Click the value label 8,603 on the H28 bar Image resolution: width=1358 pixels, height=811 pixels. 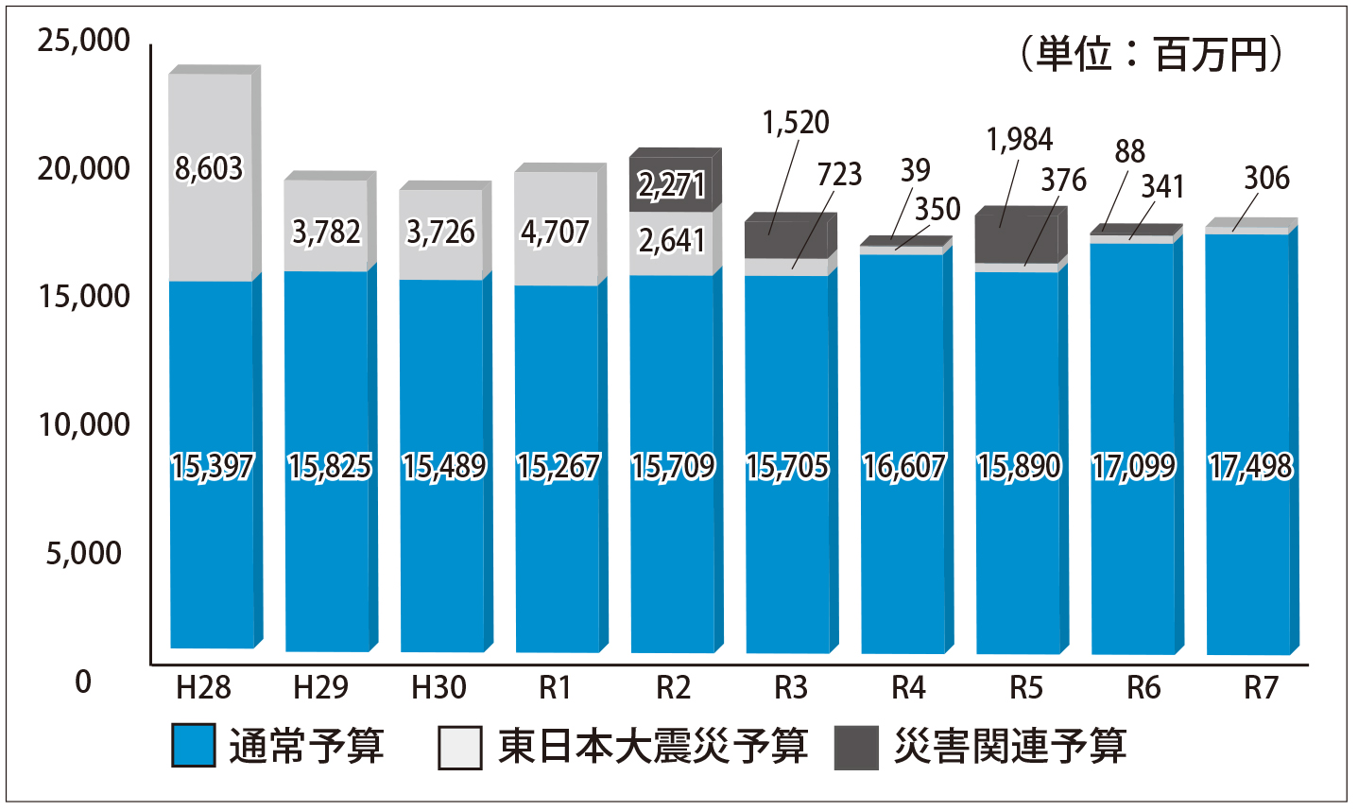[x=209, y=169]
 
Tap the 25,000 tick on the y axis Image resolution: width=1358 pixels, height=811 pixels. [x=83, y=41]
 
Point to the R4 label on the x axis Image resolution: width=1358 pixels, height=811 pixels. [x=907, y=687]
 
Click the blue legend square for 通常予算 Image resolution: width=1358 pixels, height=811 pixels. [x=194, y=746]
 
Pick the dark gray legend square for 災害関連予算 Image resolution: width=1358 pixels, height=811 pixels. [x=856, y=747]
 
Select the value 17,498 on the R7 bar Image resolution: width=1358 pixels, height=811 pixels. [x=1250, y=466]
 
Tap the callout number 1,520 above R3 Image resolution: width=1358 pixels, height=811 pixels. [x=796, y=123]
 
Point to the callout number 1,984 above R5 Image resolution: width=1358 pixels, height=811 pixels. [x=1019, y=140]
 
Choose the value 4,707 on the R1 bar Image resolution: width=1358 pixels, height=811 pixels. [x=555, y=232]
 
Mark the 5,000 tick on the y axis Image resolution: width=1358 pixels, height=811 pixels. [x=84, y=553]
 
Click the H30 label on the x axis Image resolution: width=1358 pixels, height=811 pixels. [x=439, y=687]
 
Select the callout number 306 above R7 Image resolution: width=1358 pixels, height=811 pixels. [x=1266, y=178]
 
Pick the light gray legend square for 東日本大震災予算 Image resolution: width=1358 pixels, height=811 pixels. [x=461, y=747]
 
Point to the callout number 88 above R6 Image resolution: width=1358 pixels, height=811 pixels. [x=1129, y=151]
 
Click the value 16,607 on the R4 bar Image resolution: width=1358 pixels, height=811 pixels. [x=903, y=466]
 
